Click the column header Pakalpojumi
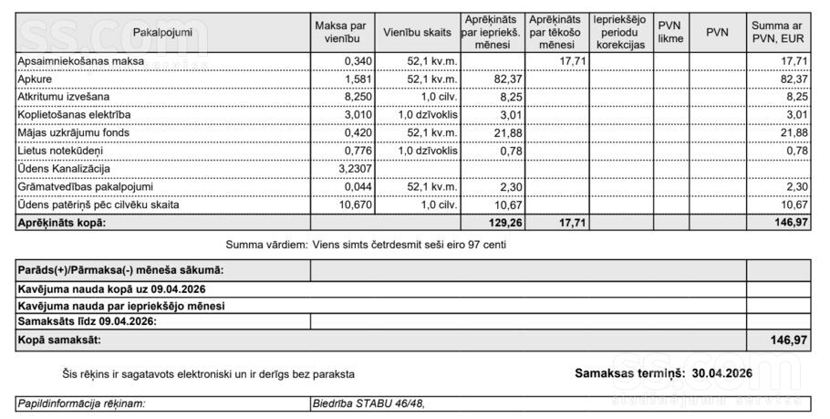point(162,32)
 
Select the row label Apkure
point(35,79)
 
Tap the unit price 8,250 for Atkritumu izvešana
point(354,97)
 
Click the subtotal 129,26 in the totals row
point(504,223)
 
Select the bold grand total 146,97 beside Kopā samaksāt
point(789,340)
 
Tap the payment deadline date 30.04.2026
point(721,373)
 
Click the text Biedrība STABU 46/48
point(368,403)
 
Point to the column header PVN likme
point(669,32)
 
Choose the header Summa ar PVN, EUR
point(778,32)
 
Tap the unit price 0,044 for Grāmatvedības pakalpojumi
point(355,187)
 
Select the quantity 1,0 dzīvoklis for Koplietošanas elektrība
point(427,115)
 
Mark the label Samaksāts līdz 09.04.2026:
point(88,321)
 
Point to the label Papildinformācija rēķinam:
point(82,403)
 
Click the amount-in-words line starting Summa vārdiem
point(366,245)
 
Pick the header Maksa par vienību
point(339,32)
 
